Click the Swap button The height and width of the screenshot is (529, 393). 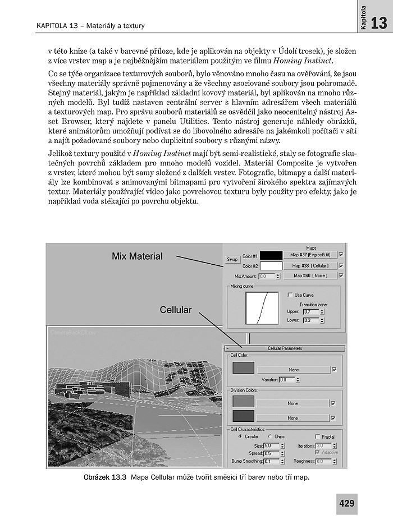(232, 260)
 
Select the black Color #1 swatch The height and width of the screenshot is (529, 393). (271, 256)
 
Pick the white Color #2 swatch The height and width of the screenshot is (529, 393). (271, 265)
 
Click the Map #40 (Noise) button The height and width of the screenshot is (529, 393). (310, 275)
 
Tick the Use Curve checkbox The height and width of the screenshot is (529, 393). (290, 295)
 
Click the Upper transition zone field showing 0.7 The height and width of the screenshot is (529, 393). (310, 311)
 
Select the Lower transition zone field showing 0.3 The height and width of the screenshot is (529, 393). (310, 320)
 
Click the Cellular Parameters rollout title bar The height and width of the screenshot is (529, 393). (285, 348)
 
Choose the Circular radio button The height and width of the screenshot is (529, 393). (241, 436)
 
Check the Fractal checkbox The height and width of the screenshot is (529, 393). (318, 436)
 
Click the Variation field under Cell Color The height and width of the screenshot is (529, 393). (286, 380)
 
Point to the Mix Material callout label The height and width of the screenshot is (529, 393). (137, 256)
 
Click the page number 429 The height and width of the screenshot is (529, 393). (346, 504)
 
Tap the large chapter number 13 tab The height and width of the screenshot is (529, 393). (379, 23)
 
